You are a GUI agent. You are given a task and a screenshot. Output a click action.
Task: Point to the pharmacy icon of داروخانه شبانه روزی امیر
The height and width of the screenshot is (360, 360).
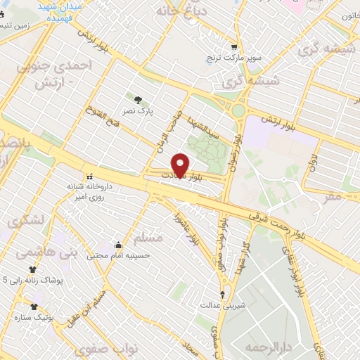(x=89, y=176)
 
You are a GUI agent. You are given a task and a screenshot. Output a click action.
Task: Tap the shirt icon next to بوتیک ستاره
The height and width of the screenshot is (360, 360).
(x=34, y=307)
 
